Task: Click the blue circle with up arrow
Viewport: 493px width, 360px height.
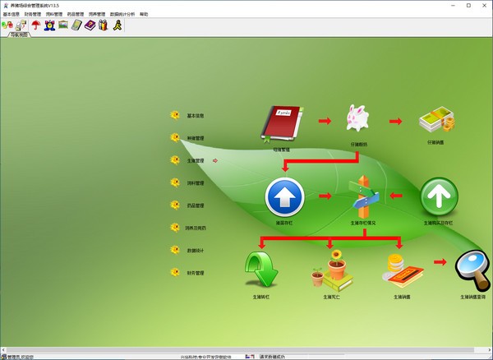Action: (x=284, y=197)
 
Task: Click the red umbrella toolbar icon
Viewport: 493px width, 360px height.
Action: (x=35, y=25)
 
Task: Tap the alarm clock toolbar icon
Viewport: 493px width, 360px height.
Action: (x=48, y=25)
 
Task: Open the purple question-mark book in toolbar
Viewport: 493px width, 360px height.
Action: (x=90, y=25)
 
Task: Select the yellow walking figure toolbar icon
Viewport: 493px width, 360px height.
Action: (x=117, y=25)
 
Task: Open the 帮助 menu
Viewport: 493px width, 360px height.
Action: (x=145, y=14)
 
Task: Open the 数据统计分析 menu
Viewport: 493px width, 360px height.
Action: (x=122, y=14)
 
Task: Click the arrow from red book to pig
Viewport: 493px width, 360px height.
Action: (x=325, y=122)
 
